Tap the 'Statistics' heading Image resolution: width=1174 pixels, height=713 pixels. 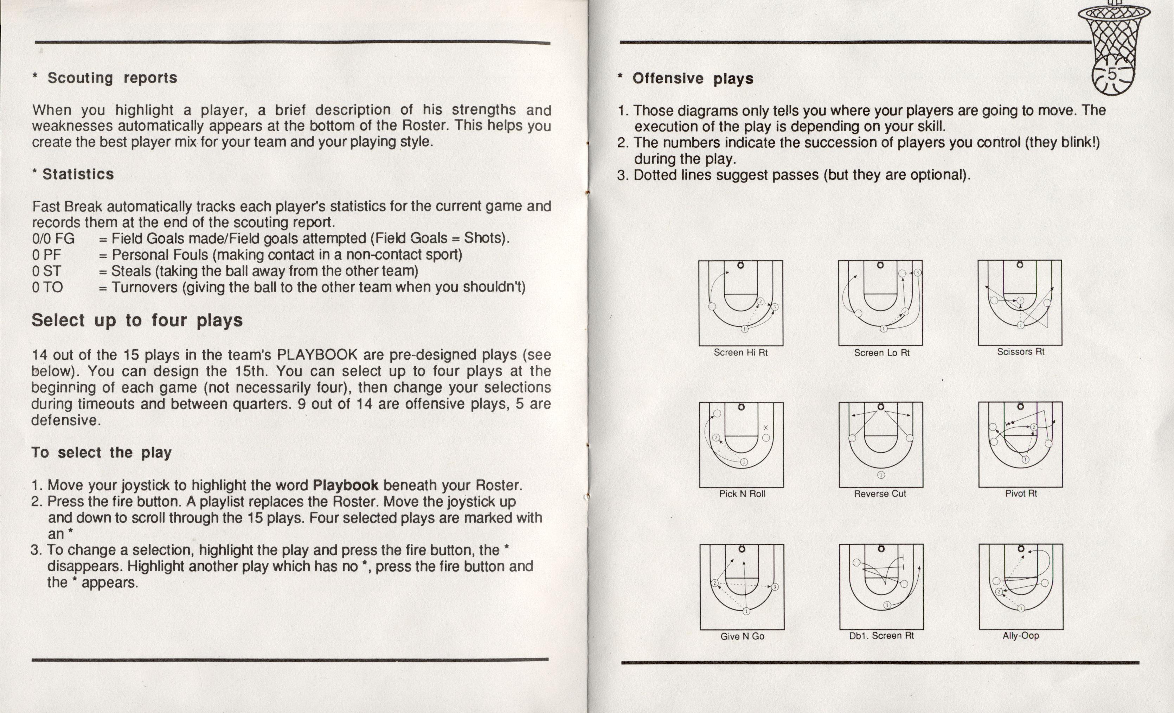(x=78, y=174)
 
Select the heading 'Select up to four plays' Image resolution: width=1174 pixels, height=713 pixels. (x=137, y=320)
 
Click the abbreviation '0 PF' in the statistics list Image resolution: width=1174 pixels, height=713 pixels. (x=47, y=255)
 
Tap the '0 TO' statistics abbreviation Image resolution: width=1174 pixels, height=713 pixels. (x=48, y=287)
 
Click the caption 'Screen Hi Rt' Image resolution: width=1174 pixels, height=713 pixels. (x=740, y=353)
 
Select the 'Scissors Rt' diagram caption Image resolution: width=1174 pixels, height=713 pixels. (x=1021, y=352)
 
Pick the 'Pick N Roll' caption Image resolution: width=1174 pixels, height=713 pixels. (x=742, y=494)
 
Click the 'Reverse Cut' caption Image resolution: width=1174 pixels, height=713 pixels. (x=880, y=494)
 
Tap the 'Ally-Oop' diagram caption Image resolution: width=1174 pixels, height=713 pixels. (x=1021, y=635)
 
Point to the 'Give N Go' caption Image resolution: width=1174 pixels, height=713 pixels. (x=742, y=636)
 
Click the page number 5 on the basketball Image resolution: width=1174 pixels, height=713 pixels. (x=1111, y=75)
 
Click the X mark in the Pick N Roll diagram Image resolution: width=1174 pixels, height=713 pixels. (x=766, y=427)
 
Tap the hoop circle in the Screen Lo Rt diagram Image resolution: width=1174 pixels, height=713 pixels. (x=880, y=265)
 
